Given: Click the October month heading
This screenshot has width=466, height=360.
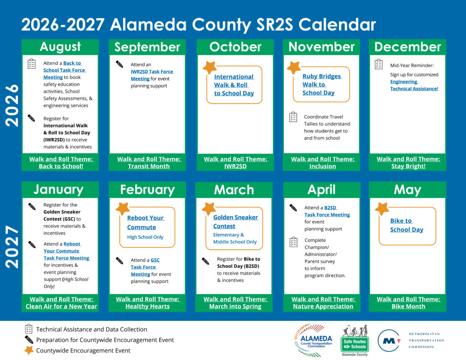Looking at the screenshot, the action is tap(235, 47).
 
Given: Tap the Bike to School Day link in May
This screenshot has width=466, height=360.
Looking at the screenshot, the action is tap(406, 225).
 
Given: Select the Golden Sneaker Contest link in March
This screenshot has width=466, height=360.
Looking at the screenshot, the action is tap(235, 222).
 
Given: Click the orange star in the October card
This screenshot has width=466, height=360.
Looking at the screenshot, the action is tap(210, 67).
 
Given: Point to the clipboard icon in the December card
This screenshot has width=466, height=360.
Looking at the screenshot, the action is tap(379, 64).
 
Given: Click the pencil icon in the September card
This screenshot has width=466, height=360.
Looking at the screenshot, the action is tap(120, 64).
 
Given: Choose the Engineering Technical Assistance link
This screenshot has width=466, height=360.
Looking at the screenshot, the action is tap(414, 85).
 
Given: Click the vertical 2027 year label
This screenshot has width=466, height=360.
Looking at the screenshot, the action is tap(12, 247).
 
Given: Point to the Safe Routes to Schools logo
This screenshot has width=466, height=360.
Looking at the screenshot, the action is tap(355, 340).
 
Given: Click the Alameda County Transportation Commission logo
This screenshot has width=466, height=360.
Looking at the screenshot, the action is tap(313, 340).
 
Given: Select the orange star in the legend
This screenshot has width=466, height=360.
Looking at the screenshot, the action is tap(29, 350).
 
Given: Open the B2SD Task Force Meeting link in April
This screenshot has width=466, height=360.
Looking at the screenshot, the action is tap(327, 211).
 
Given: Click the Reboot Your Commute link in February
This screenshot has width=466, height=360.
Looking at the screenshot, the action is tap(146, 223).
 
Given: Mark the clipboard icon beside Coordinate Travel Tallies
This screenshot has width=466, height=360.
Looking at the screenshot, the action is tap(294, 117).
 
